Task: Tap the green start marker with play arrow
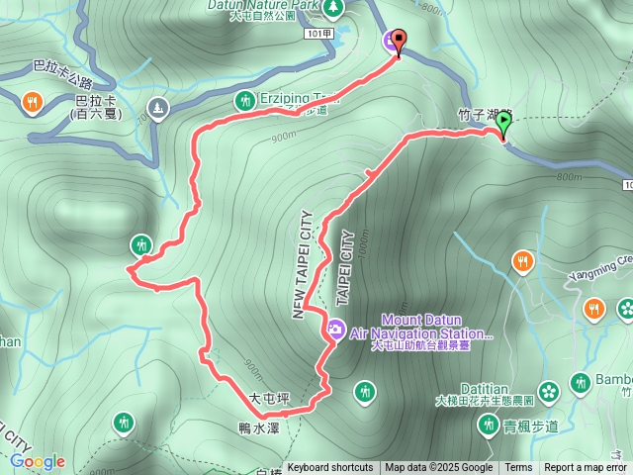point(502,124)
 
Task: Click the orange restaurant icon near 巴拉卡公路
point(33,101)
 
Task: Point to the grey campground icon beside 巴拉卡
point(156,106)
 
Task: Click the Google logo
point(38,461)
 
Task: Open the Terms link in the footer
point(518,468)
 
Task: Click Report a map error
point(586,468)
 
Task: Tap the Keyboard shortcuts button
point(330,468)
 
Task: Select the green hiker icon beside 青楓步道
point(488,426)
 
